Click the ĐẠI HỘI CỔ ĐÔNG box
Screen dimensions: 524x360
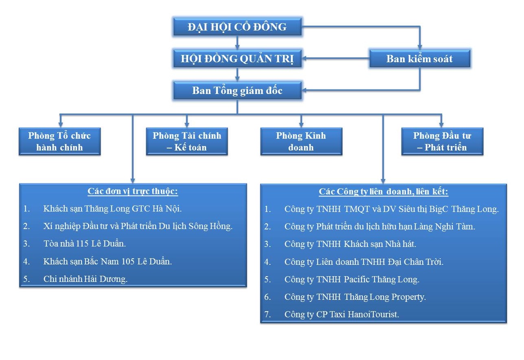click(237, 26)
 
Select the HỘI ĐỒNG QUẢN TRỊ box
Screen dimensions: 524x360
click(237, 59)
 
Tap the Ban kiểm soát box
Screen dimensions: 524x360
click(420, 59)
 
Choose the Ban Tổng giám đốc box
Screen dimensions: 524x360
click(237, 90)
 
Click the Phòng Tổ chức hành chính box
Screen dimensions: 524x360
click(60, 142)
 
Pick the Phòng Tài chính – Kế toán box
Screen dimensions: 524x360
click(186, 142)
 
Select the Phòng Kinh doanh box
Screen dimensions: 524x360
click(301, 142)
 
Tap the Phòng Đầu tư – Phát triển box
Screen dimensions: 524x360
click(442, 142)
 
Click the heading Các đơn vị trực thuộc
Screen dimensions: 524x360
click(133, 192)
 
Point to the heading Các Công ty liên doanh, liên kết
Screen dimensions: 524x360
click(384, 192)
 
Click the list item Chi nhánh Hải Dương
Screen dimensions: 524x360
click(86, 279)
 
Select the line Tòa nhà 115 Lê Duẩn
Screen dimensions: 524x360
click(85, 244)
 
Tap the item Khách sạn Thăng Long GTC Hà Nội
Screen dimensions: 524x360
click(112, 209)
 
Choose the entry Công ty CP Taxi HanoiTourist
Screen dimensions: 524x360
click(342, 314)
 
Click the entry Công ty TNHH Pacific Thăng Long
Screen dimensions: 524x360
click(352, 279)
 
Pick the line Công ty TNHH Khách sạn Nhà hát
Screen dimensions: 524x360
click(351, 244)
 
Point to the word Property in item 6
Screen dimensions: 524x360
click(408, 297)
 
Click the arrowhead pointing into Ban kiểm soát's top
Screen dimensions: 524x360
click(420, 46)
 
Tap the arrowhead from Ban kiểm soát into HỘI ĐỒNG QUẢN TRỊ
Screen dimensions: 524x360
click(305, 59)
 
